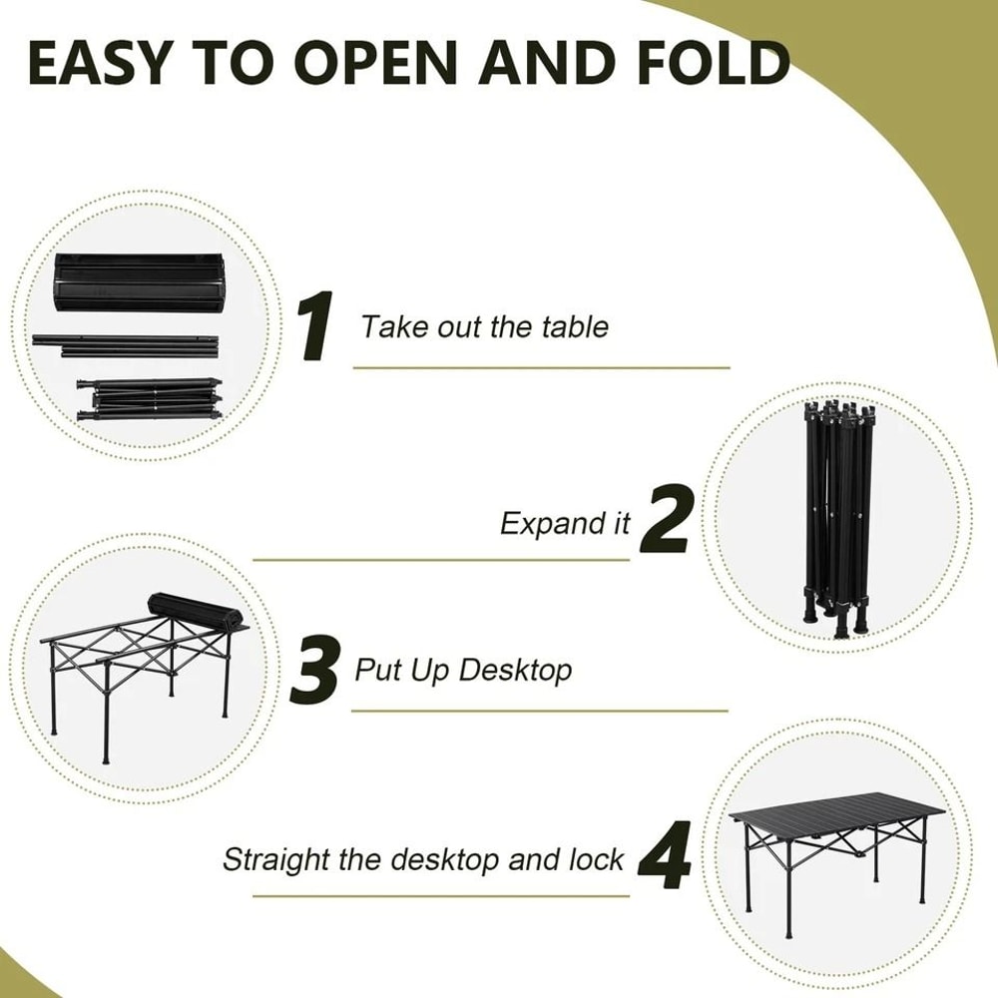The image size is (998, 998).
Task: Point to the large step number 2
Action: (x=666, y=520)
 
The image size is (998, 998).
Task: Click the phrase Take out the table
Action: (x=484, y=326)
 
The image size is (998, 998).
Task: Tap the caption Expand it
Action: (x=565, y=524)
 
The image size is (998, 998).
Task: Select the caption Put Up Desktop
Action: (x=463, y=670)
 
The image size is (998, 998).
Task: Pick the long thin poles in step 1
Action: (x=125, y=344)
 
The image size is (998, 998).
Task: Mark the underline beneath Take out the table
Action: (x=541, y=367)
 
